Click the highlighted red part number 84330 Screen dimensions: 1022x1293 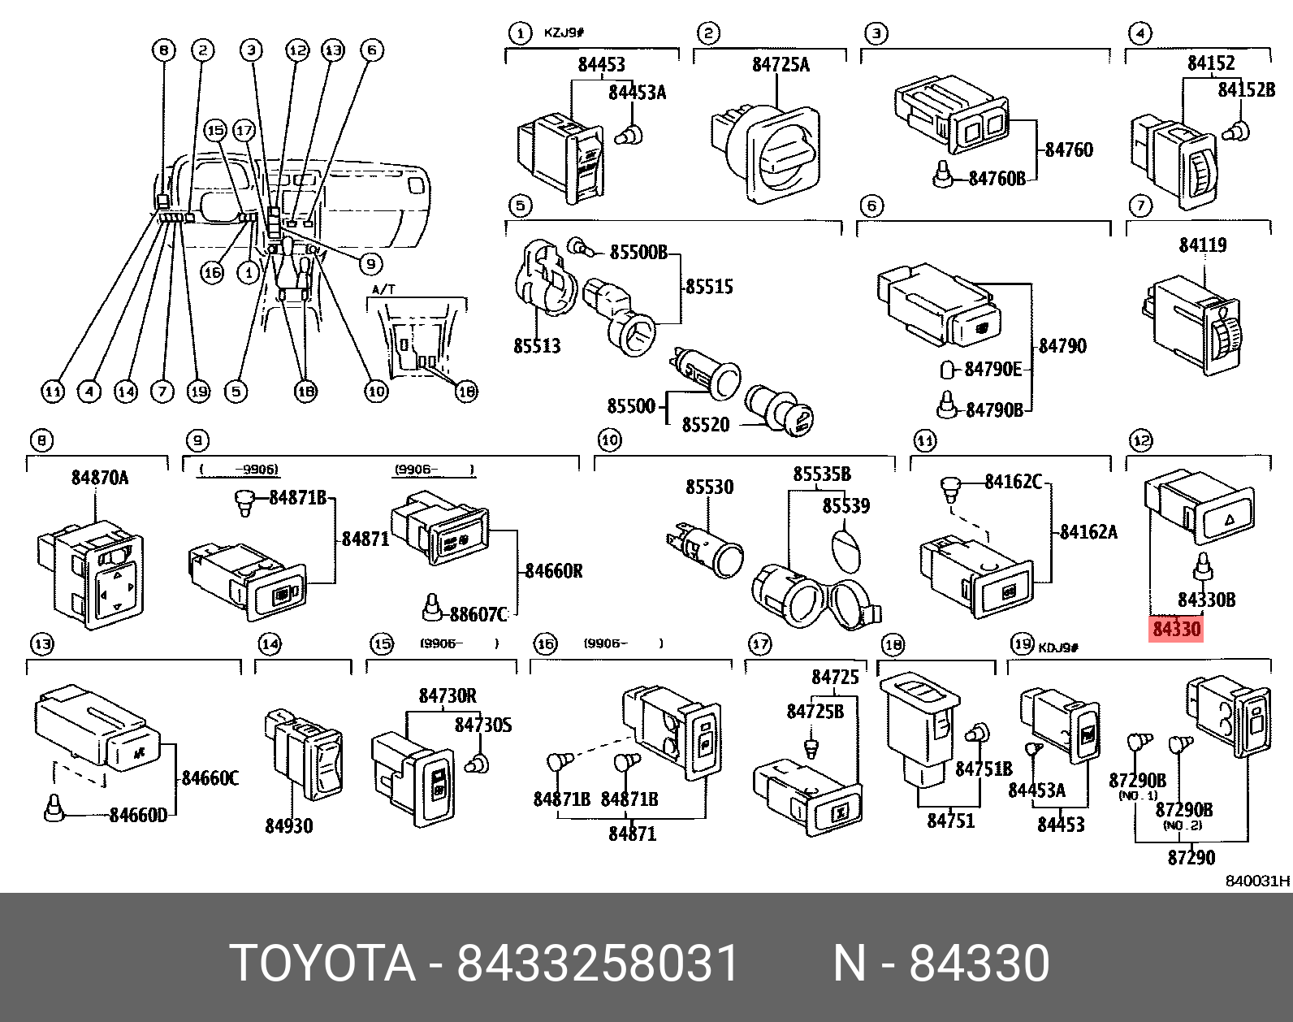(x=1176, y=629)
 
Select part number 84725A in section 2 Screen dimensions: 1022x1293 (x=780, y=64)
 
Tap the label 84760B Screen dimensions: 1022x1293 (x=997, y=178)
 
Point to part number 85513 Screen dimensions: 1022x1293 (x=537, y=345)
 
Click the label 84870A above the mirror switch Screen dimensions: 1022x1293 (x=99, y=477)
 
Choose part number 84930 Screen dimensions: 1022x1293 (x=288, y=825)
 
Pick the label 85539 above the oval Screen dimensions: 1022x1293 (x=845, y=505)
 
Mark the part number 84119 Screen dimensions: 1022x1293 (x=1202, y=245)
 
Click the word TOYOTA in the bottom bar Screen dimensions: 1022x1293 (x=322, y=964)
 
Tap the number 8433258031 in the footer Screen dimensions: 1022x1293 (x=598, y=964)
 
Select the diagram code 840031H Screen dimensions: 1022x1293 (x=1257, y=881)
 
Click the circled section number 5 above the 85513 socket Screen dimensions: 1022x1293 (x=520, y=205)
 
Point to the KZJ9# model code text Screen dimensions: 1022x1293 (x=564, y=33)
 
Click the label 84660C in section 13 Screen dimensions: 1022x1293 (x=210, y=778)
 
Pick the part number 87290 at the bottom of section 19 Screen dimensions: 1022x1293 (x=1191, y=857)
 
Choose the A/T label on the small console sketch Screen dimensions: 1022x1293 (x=383, y=289)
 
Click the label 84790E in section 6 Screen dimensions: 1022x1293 (x=992, y=369)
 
